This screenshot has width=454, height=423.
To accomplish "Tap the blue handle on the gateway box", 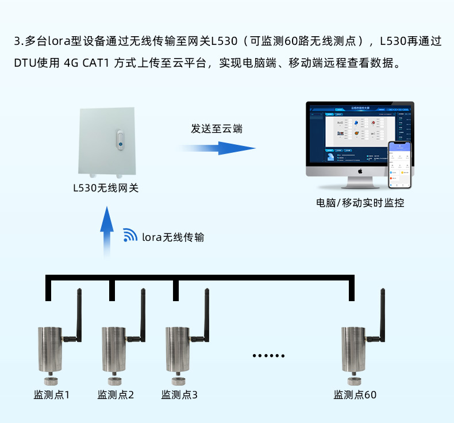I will (x=120, y=140).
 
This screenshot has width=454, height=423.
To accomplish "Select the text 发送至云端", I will (x=217, y=128).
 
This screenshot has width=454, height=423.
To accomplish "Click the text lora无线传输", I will (x=172, y=237).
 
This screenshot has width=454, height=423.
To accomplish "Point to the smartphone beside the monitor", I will (x=401, y=165).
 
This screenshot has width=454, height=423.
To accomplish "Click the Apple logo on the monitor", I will (x=360, y=171).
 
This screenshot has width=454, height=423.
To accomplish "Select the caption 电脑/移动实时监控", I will (x=360, y=202).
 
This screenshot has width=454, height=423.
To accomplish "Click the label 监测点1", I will (x=52, y=395).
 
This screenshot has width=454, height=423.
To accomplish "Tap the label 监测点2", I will (x=116, y=395).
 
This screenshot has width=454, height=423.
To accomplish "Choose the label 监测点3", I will (x=179, y=395).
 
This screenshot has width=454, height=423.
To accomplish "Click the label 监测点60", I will (x=355, y=395).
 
